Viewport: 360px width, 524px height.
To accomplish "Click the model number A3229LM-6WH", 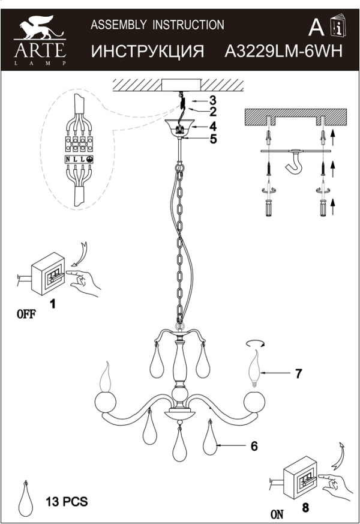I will point(283,51).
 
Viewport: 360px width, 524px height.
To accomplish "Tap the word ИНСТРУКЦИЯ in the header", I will point(148,51).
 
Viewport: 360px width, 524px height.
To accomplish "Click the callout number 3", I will point(212,100).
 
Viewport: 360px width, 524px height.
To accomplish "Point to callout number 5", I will point(212,139).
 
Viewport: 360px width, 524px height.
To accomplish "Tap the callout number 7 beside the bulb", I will point(298,373).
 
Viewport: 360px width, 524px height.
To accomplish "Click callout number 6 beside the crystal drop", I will point(254,446).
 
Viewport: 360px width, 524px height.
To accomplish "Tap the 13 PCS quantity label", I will point(66,501).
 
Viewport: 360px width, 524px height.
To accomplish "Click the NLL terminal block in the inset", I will point(79,159).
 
